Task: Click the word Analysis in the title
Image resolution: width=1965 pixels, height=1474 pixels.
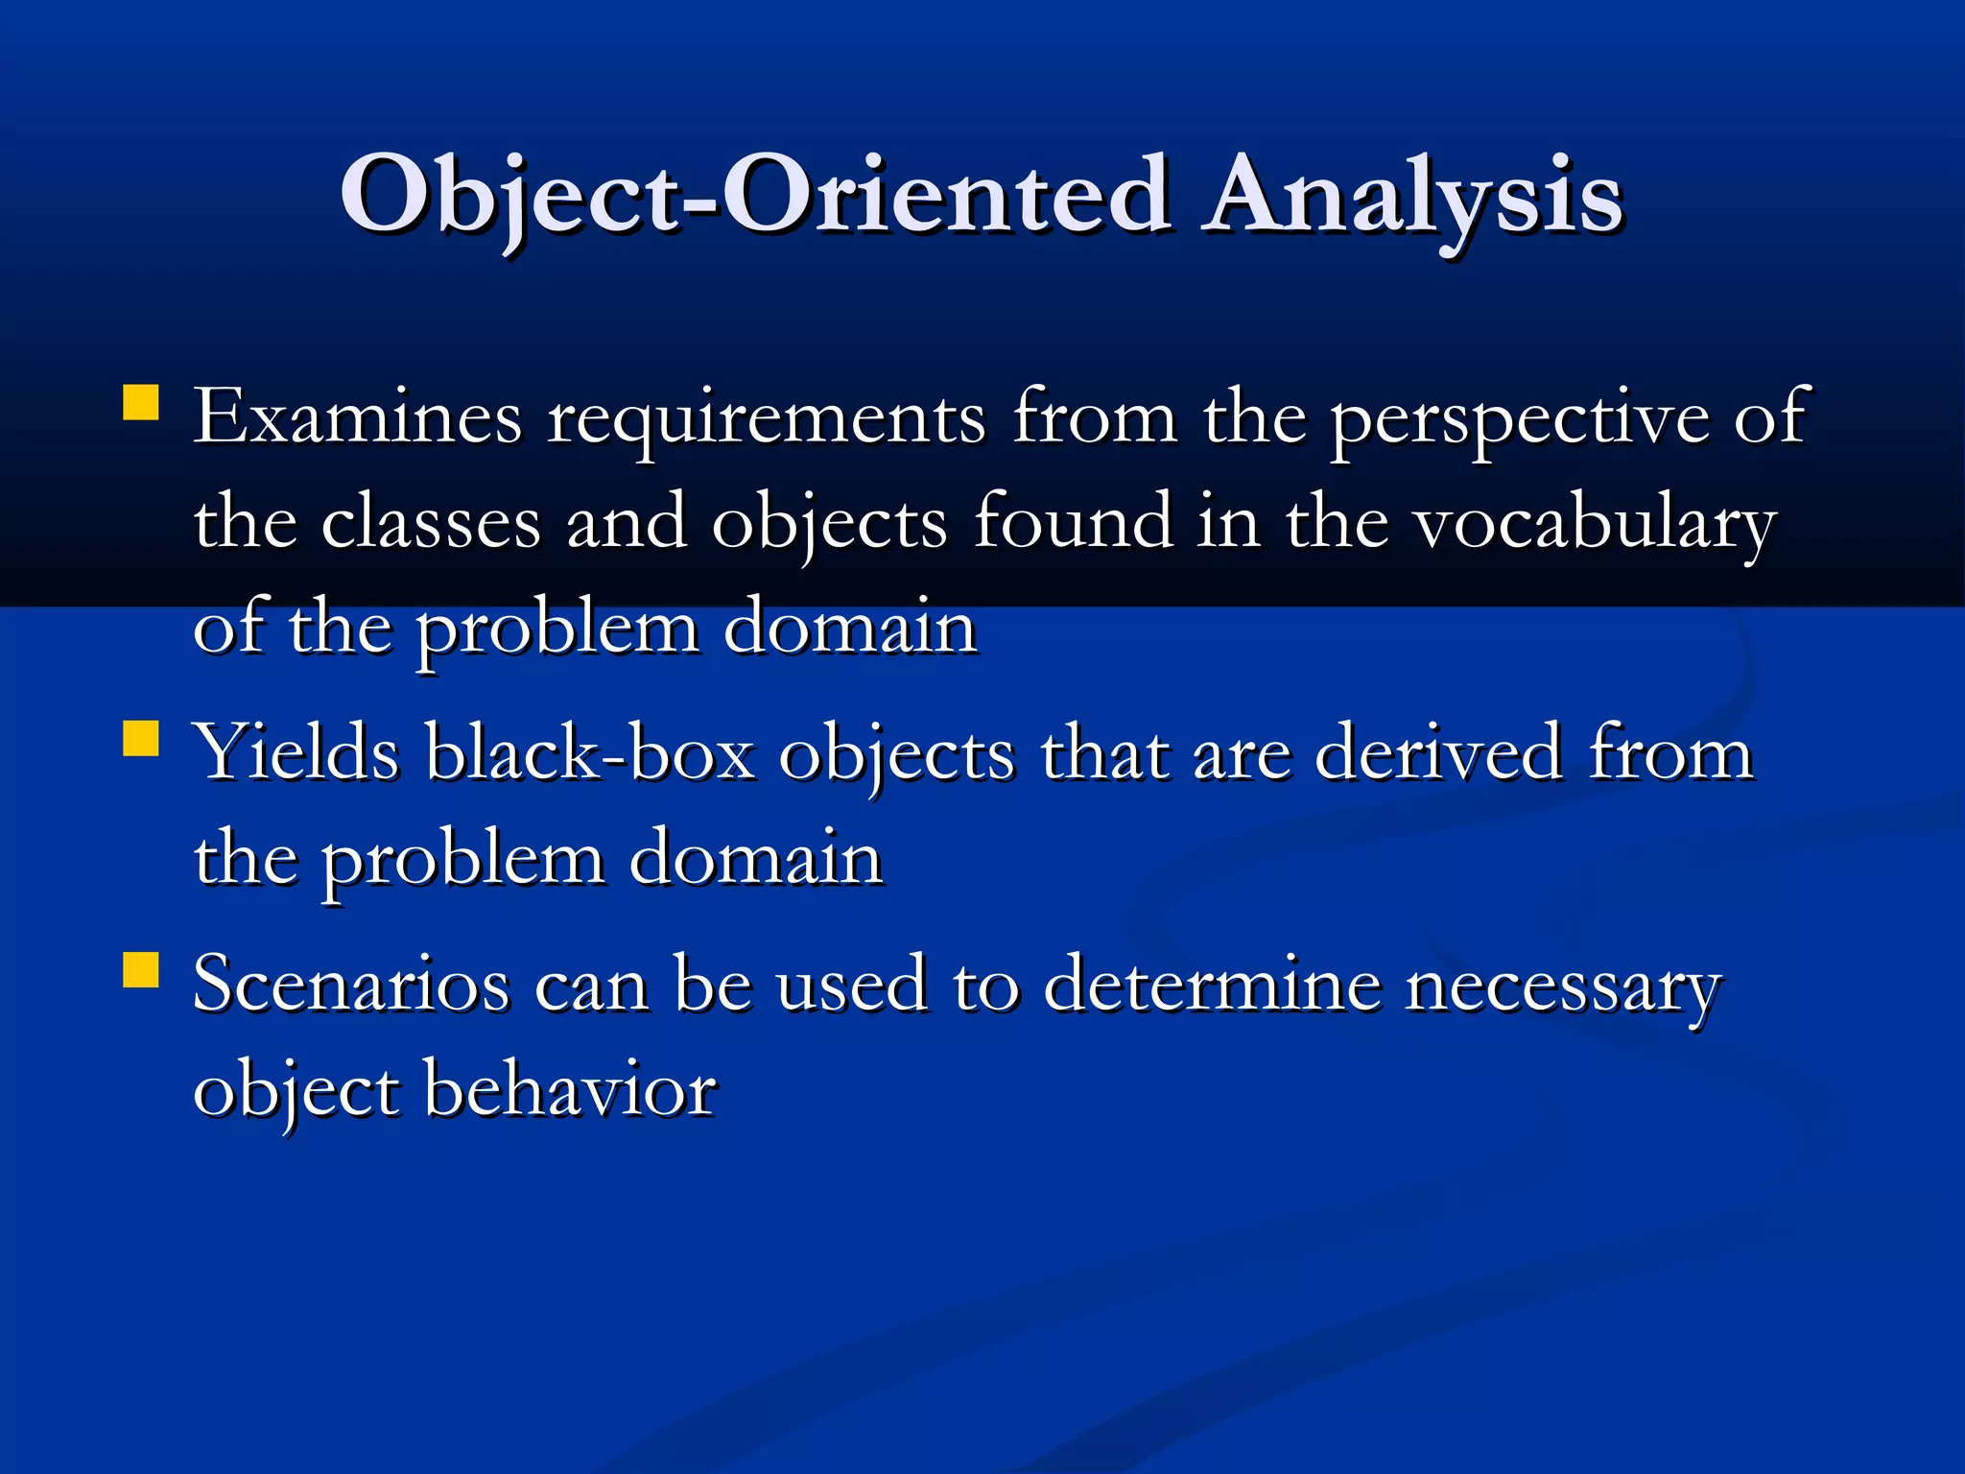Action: coord(1413,197)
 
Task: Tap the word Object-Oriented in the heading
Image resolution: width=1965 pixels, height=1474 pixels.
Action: coord(755,197)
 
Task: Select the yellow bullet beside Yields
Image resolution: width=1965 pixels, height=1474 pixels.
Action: coord(141,740)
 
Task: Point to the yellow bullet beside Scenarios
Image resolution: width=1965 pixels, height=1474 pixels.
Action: coord(141,970)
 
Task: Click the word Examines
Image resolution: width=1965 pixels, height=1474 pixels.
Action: coord(358,417)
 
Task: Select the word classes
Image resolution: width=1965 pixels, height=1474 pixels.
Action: coord(431,523)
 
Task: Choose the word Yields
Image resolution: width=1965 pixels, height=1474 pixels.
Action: coord(296,753)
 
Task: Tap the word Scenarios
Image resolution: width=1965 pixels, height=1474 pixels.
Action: coord(350,984)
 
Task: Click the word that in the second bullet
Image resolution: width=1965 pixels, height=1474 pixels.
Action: coord(1105,753)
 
